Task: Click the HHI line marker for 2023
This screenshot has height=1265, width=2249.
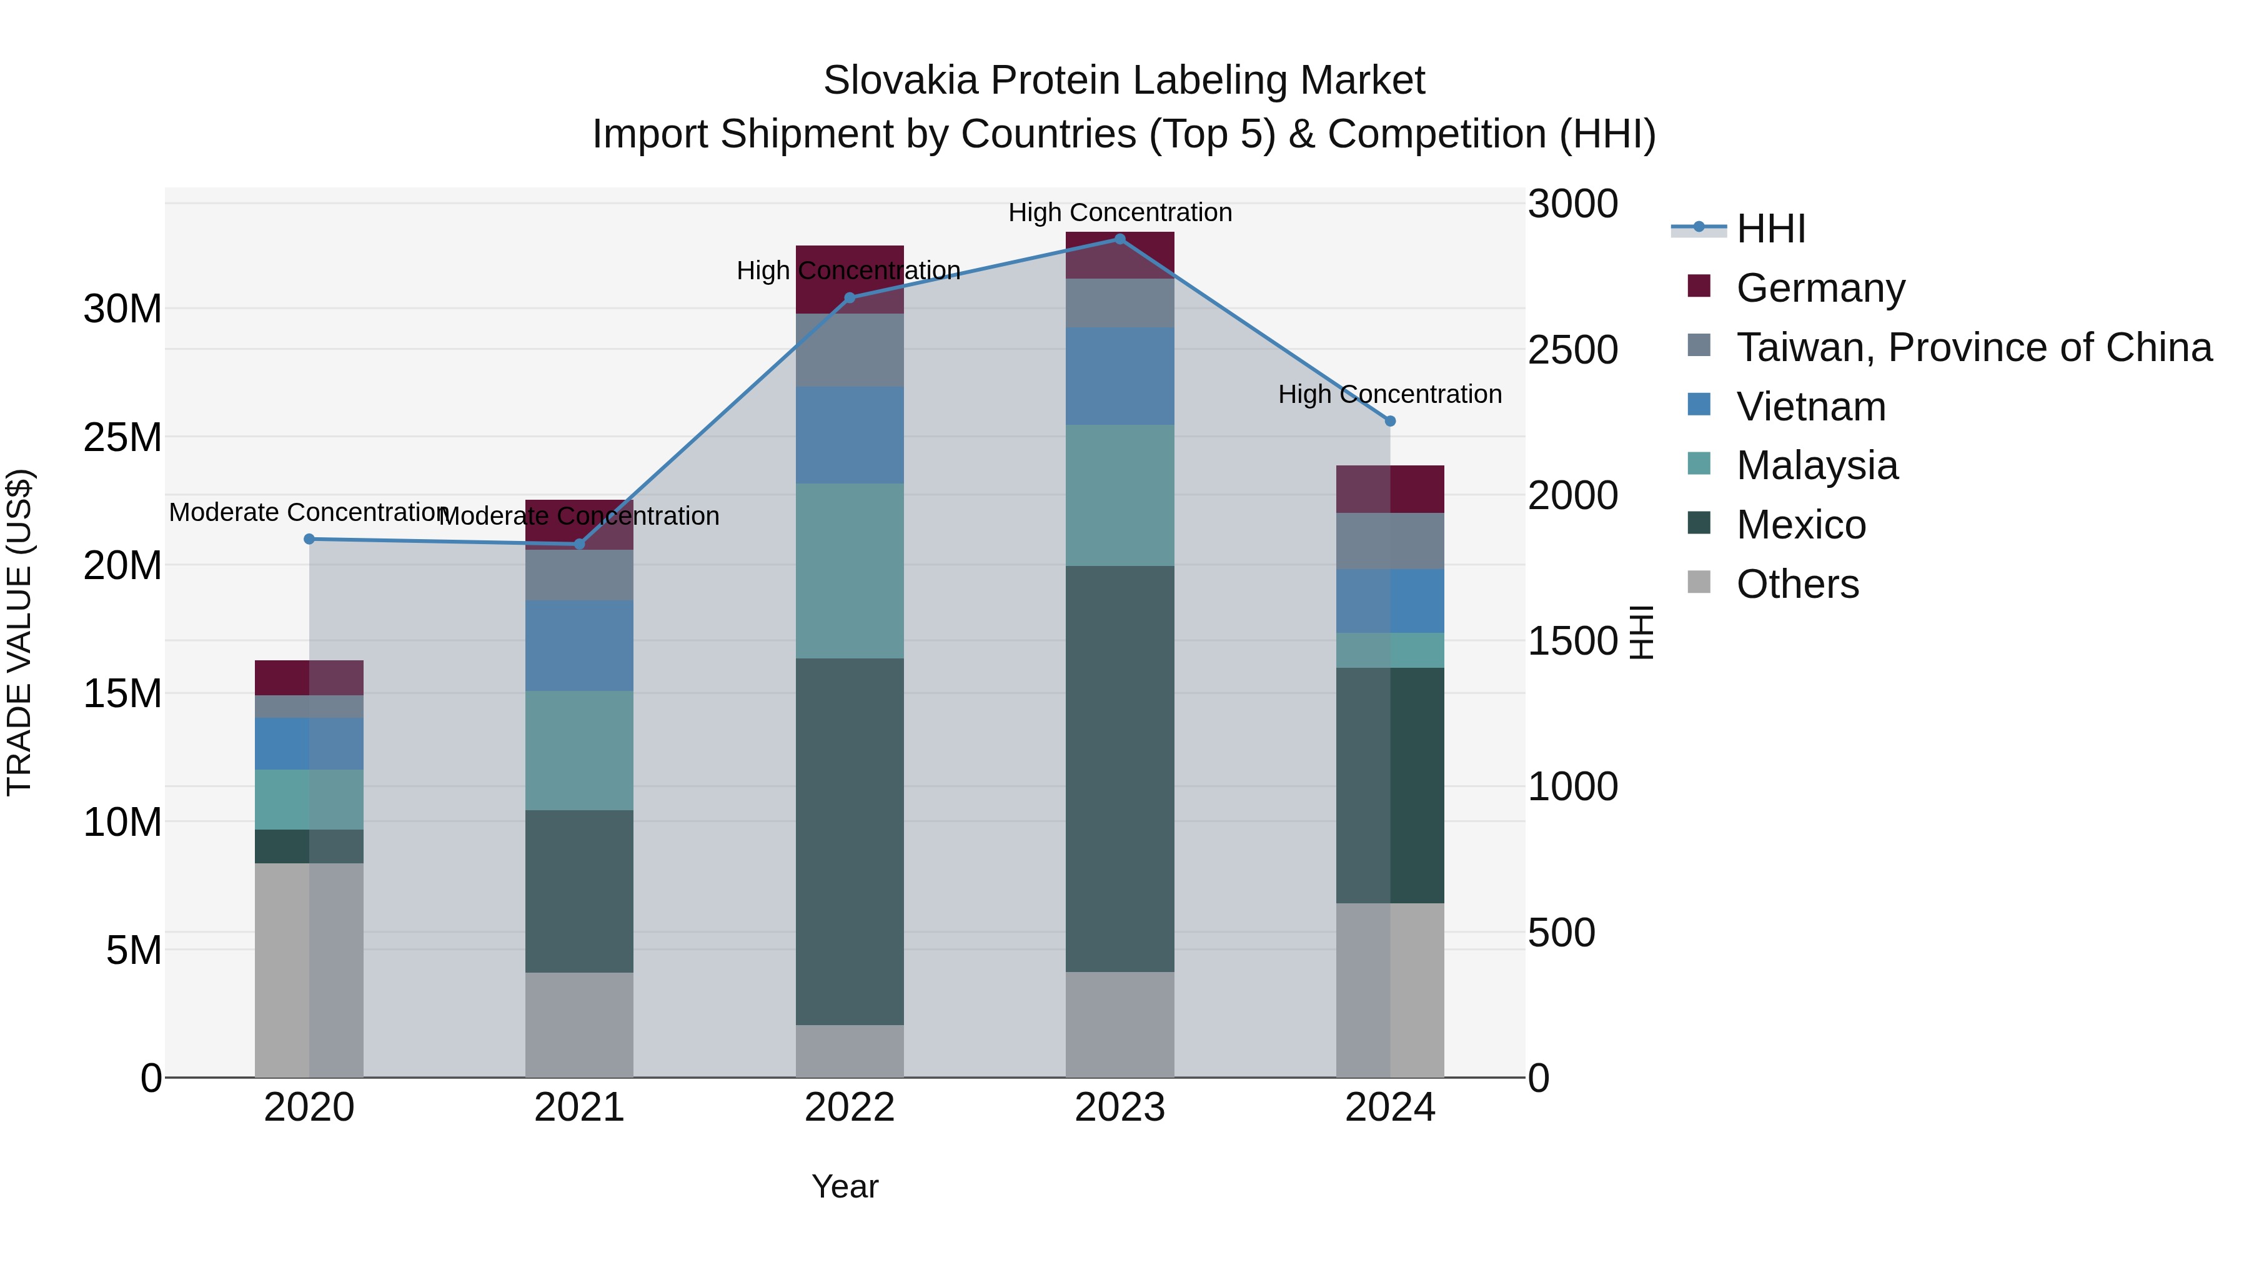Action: (x=1120, y=239)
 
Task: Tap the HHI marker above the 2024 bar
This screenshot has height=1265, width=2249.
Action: (x=1391, y=421)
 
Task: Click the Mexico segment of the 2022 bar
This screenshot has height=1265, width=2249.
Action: (x=850, y=841)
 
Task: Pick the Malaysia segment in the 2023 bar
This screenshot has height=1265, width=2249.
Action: (x=1120, y=495)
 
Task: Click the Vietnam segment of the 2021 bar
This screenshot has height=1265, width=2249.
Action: (x=579, y=645)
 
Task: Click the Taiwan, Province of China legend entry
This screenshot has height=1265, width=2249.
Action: (x=1973, y=347)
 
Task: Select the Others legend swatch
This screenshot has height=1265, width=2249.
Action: (x=1699, y=582)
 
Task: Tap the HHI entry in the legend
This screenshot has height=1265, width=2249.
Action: (x=1770, y=229)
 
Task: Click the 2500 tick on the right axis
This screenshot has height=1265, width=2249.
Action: (x=1572, y=350)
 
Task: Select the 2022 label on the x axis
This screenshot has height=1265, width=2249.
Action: (x=850, y=1108)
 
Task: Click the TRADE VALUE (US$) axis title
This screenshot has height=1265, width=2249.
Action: (x=19, y=632)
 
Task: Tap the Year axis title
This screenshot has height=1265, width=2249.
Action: (x=844, y=1186)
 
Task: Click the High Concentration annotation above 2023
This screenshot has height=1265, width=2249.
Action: (x=1120, y=212)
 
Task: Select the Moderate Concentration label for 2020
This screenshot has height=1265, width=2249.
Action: (x=307, y=512)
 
